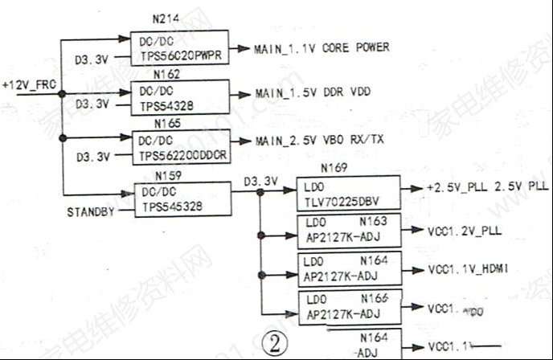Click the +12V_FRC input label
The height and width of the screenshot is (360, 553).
click(29, 84)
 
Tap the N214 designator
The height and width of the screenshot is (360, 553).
click(166, 18)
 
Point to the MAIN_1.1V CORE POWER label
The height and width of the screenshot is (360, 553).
click(322, 48)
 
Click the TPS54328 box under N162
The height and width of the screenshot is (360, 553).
click(180, 96)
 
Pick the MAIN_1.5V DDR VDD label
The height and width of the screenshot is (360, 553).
click(313, 92)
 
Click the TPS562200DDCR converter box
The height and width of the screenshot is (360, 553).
click(182, 145)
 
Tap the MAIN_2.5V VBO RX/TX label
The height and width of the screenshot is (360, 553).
click(320, 141)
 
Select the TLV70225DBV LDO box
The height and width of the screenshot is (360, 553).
click(348, 193)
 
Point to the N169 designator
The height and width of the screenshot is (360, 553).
click(334, 169)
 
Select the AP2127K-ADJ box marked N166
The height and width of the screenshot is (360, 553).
click(348, 307)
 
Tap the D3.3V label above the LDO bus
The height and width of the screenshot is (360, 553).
click(260, 181)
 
